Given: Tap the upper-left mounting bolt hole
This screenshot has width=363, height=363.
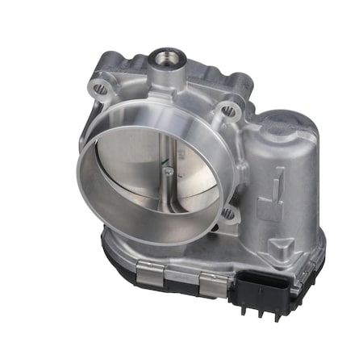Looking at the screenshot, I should (x=100, y=88).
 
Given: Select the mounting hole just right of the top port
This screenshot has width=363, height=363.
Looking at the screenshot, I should (x=229, y=110).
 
